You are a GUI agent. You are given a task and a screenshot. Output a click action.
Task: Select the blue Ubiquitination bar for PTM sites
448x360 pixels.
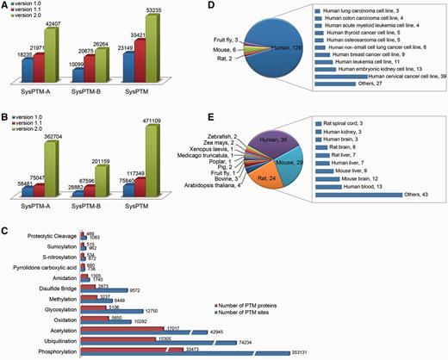click(169, 341)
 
